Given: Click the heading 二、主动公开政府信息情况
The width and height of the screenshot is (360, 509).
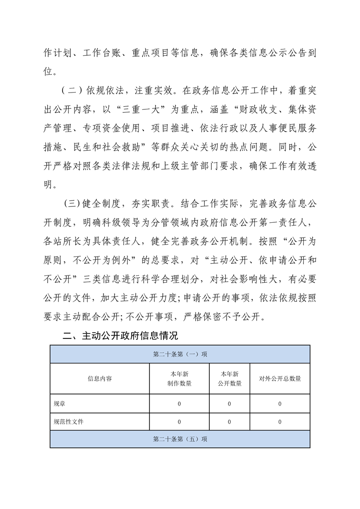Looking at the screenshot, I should pos(120,336).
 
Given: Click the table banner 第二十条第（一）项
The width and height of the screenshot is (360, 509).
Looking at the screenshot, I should pos(180,354).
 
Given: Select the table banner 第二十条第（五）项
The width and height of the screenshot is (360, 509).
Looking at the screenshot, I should pos(180,439).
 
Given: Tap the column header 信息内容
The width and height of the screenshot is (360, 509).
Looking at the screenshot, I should pos(100,378).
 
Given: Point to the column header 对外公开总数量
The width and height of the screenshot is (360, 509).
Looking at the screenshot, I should pos(280,378).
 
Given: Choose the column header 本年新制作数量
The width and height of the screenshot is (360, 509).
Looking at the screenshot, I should pos(179,378).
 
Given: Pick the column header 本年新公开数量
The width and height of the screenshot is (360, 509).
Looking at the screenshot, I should pos(229,378).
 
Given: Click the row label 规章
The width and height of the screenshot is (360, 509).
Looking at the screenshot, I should pos(59,403).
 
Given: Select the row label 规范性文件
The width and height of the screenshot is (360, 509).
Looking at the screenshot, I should pos(69,421).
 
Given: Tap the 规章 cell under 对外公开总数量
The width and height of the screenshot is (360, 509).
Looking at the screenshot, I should pos(280,403).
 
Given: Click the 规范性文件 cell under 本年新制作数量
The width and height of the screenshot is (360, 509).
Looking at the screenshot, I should pos(179,421).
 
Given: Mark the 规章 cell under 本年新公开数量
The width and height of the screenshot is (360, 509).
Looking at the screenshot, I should pos(229,403).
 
